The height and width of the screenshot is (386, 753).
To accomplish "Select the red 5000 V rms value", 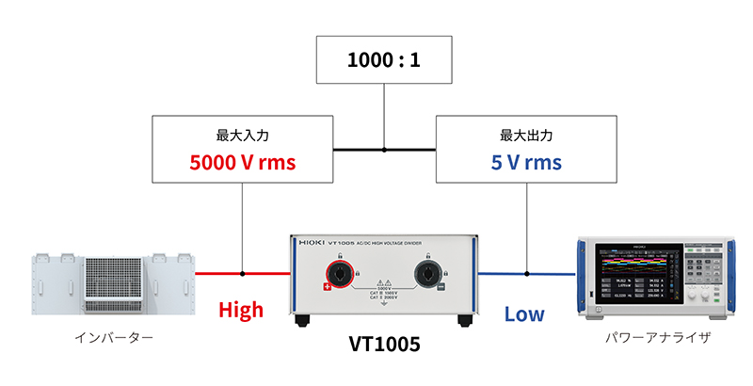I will click(x=243, y=161).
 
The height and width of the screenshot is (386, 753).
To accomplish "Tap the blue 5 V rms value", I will click(x=526, y=161).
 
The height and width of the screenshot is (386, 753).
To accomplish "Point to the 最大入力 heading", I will click(x=243, y=135).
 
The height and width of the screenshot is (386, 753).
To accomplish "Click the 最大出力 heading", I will click(x=526, y=135).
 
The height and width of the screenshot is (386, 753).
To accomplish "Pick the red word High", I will click(x=241, y=310).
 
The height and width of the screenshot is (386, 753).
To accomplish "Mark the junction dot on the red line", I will click(x=243, y=273).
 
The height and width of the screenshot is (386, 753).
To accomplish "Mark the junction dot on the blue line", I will click(x=526, y=273).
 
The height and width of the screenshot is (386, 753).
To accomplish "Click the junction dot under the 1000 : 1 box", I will click(x=384, y=149).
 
